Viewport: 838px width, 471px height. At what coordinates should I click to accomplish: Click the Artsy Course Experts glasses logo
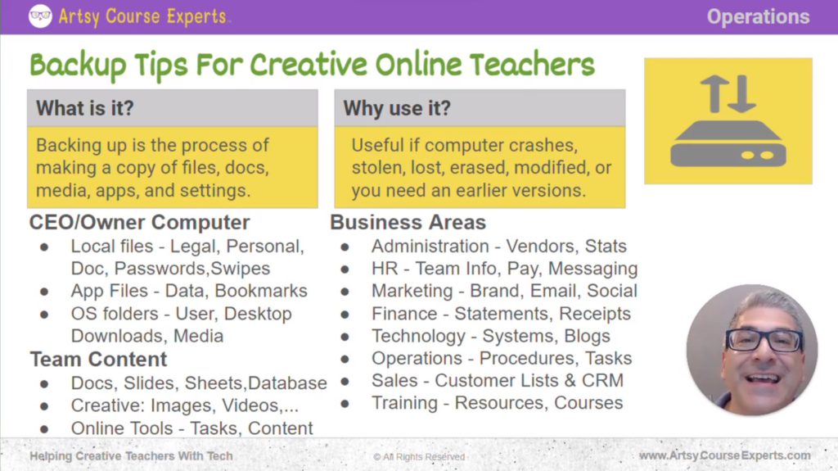tap(40, 16)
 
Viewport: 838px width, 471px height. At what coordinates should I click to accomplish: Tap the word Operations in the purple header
tap(758, 17)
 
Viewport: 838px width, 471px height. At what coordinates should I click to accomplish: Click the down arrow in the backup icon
tap(741, 94)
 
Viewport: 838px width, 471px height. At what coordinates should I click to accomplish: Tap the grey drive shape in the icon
tap(728, 145)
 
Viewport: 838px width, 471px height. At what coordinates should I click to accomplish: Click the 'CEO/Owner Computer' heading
tap(140, 223)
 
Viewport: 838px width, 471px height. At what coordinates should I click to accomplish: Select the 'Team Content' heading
tap(98, 359)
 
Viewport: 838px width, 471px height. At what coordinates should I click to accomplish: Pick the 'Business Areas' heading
tap(408, 223)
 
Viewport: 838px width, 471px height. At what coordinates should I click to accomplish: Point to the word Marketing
tap(412, 291)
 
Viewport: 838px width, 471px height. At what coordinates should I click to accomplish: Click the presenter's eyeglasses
tap(764, 339)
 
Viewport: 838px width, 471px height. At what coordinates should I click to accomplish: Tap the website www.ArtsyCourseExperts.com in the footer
tap(724, 455)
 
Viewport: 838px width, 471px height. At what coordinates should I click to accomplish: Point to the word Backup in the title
tap(81, 64)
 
